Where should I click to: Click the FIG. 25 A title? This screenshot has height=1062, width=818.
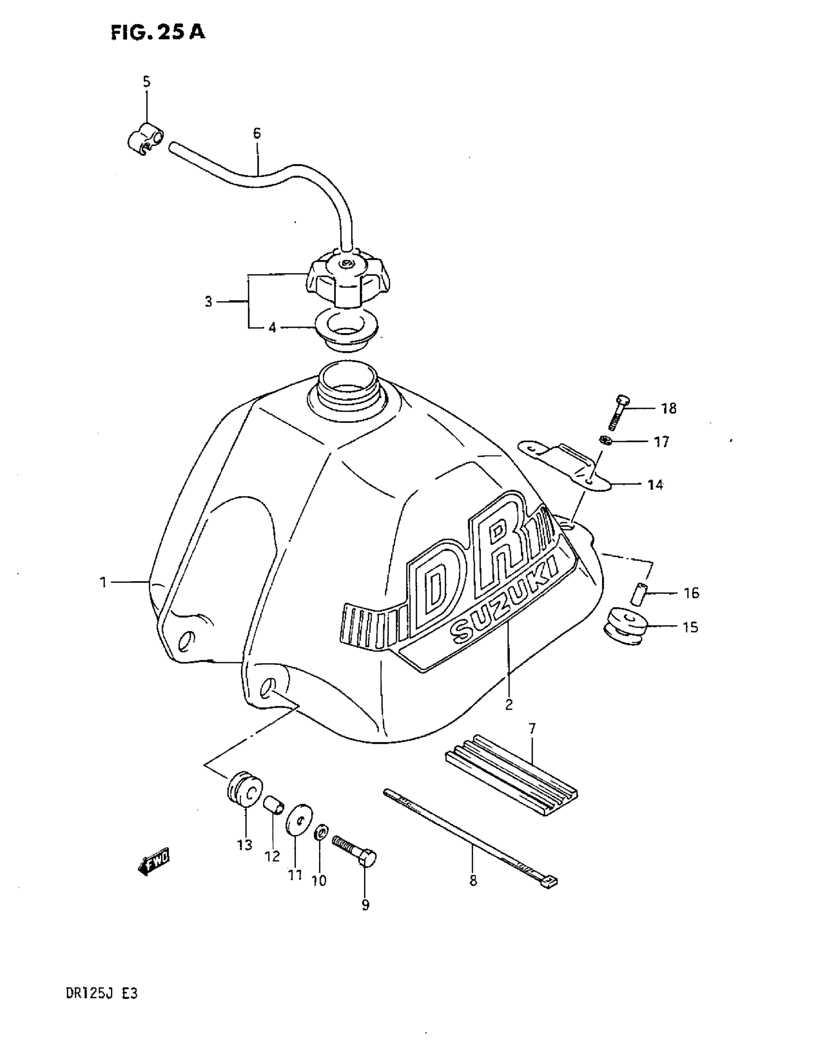pos(157,33)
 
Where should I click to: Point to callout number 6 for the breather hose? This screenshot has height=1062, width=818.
pos(257,133)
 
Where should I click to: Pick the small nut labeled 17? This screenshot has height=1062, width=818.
pos(605,440)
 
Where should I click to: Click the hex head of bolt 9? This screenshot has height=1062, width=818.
pos(367,857)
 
